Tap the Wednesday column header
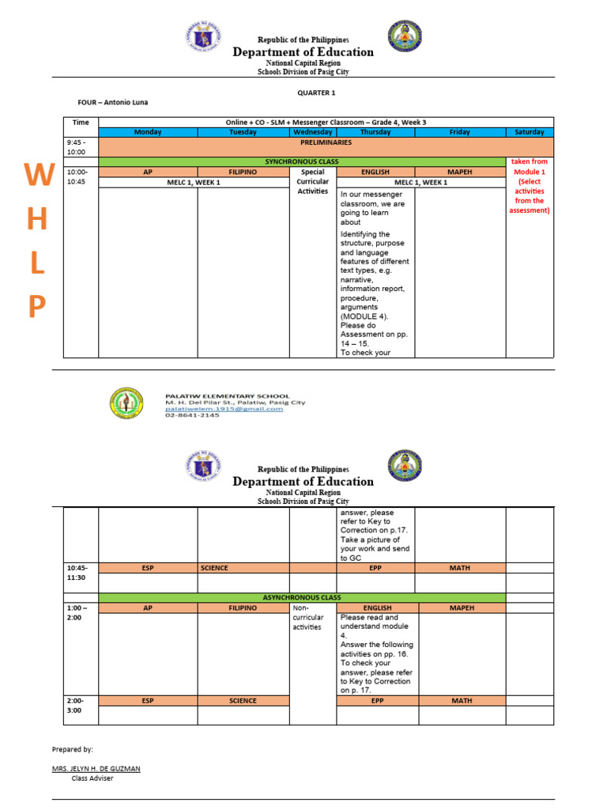click(313, 132)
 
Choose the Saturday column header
click(530, 132)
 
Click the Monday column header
click(147, 132)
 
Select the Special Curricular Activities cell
click(313, 181)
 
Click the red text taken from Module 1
click(530, 166)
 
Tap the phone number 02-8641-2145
click(192, 415)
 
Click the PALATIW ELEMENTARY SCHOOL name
click(227, 396)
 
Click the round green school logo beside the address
click(127, 404)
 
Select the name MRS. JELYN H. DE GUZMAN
click(96, 768)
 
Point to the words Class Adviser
click(92, 778)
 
